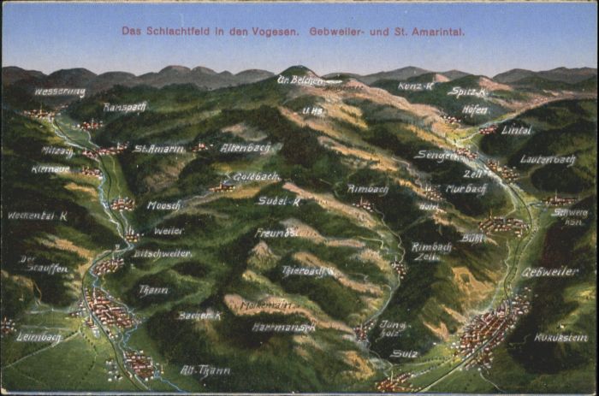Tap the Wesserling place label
[60, 92]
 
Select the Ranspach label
[125, 108]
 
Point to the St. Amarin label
[159, 149]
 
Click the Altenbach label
[246, 148]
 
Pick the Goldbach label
[256, 176]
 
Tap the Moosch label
[163, 205]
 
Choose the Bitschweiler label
[162, 254]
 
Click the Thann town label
[153, 290]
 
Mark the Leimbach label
[39, 336]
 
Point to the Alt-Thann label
[205, 370]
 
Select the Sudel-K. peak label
[279, 201]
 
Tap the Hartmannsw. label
[283, 327]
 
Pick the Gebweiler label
[549, 272]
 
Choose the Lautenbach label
[549, 160]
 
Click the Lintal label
[516, 130]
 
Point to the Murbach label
[466, 189]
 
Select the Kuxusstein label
[560, 338]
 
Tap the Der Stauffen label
[44, 263]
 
